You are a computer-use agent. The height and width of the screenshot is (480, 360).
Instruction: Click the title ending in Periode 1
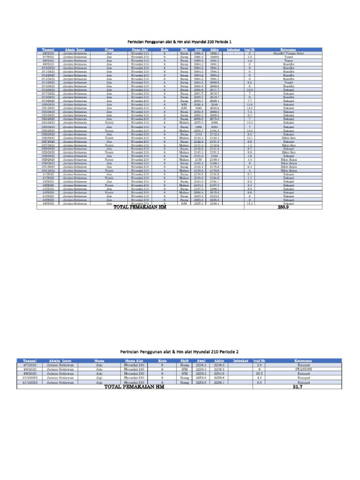click(180, 42)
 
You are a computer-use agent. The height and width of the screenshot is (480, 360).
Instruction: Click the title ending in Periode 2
click(180, 352)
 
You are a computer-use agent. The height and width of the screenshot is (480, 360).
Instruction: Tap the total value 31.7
click(297, 387)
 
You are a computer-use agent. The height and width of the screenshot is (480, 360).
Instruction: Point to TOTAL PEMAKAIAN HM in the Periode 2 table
click(134, 387)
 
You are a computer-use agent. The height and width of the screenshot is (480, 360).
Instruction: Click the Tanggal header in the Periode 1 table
click(48, 49)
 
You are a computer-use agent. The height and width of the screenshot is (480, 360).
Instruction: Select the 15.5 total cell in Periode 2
click(259, 374)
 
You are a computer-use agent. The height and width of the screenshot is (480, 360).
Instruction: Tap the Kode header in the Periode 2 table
click(162, 360)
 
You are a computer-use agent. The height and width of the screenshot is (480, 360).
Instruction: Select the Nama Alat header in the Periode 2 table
click(134, 360)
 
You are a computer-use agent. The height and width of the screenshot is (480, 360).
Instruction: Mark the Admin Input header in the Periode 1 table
click(75, 49)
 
